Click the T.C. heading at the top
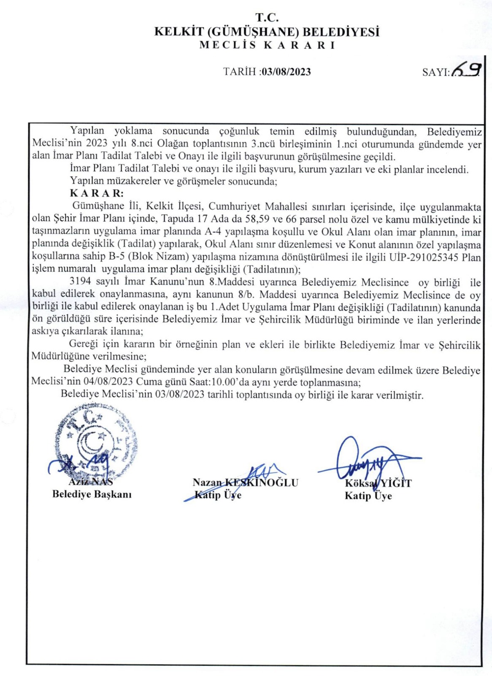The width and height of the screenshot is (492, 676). (x=267, y=18)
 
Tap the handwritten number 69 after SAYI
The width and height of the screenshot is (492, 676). (x=466, y=70)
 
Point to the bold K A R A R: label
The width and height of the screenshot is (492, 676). (x=97, y=194)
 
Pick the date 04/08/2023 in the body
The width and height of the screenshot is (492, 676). (x=108, y=382)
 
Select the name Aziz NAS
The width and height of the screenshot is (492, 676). (x=91, y=481)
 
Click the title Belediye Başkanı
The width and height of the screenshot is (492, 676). (x=92, y=494)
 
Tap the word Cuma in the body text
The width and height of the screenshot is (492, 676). (x=148, y=382)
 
